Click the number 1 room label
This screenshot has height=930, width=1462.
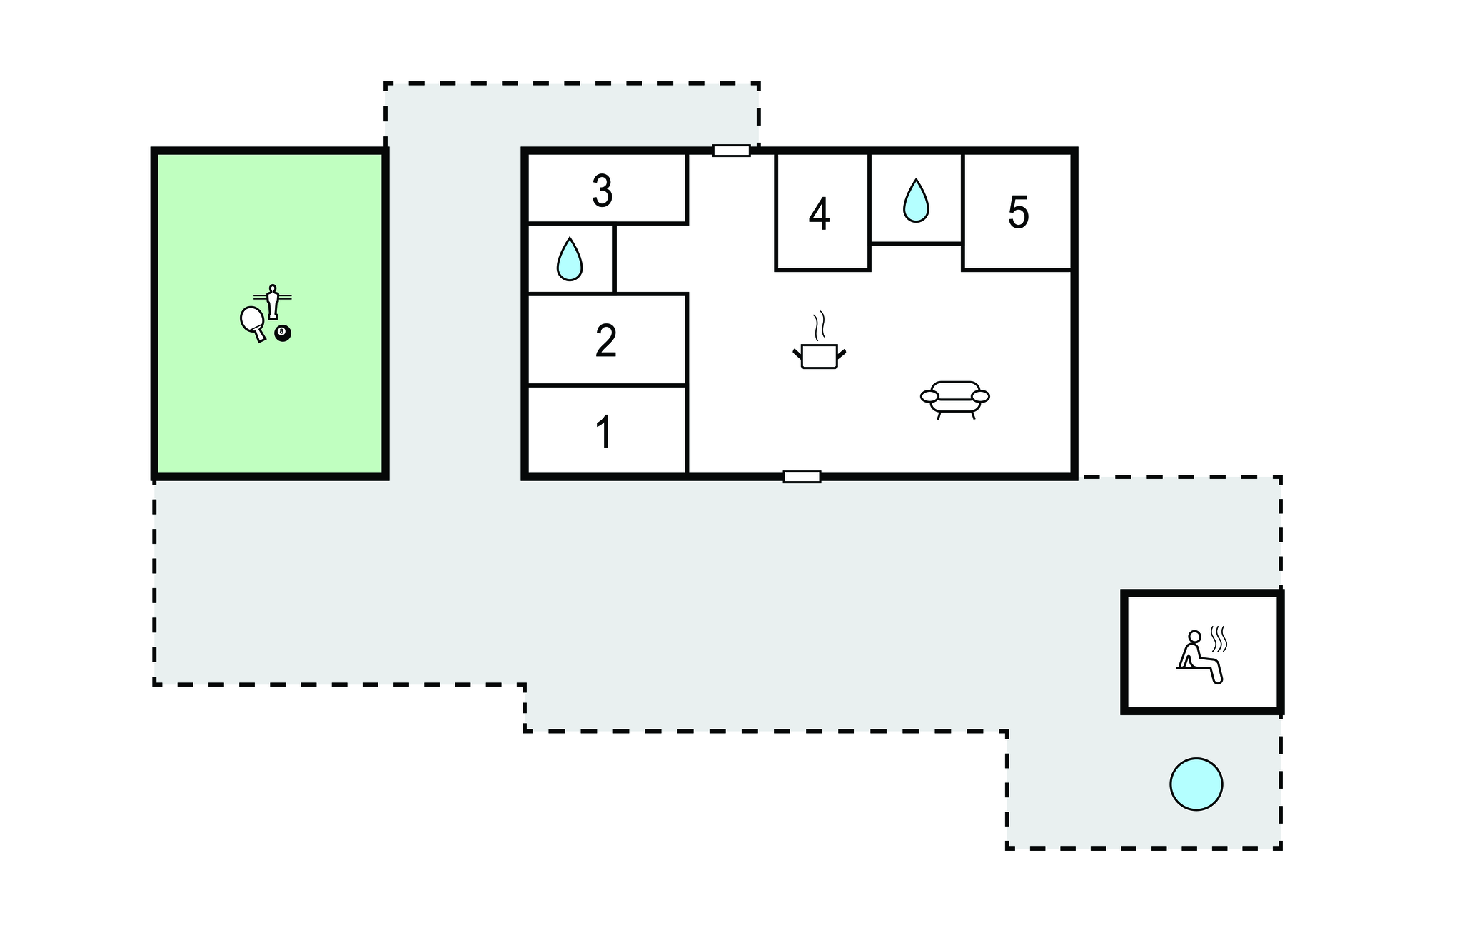coord(604,432)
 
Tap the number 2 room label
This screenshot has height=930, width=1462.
coord(605,341)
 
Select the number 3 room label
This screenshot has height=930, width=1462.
coord(602,191)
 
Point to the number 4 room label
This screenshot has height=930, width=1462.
coord(819,214)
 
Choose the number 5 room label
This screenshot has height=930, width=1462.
coord(1018,212)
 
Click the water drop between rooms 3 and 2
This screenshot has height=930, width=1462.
coord(569,259)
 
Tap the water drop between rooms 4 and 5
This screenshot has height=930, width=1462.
coord(916,201)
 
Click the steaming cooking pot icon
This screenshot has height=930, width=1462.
coord(819,355)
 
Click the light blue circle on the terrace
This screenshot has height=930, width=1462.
coord(1196,784)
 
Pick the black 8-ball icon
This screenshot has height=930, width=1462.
coord(283,333)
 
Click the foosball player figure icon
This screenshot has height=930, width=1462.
coord(272,301)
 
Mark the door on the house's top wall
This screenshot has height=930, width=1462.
coord(731,151)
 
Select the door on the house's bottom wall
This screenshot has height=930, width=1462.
coord(802,477)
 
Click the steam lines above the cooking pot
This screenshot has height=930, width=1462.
coord(820,325)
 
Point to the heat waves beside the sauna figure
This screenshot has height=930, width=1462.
coord(1219,638)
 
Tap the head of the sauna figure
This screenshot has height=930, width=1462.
coord(1194,637)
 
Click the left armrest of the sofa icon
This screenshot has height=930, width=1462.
coord(929,396)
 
